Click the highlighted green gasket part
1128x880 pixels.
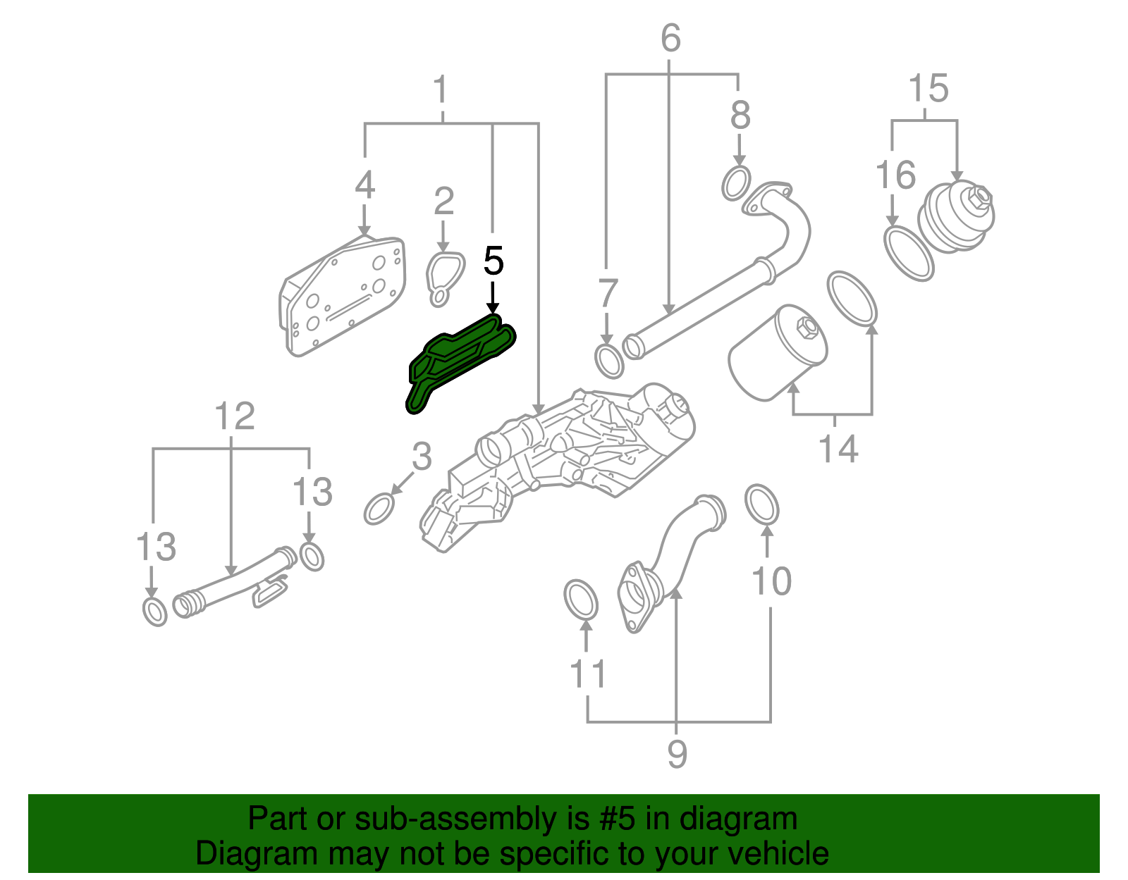(458, 359)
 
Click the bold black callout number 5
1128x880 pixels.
(493, 261)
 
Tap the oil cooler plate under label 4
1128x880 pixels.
(343, 296)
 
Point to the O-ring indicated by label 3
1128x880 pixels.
(379, 509)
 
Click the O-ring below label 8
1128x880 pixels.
(736, 183)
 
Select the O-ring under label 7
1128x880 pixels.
(609, 361)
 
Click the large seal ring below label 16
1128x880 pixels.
(909, 254)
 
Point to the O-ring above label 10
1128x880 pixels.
(762, 504)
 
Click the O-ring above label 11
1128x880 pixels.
(581, 600)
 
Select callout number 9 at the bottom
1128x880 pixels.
(677, 755)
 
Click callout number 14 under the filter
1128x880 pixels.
(838, 449)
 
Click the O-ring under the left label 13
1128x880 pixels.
(155, 612)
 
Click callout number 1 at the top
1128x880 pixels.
(441, 90)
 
